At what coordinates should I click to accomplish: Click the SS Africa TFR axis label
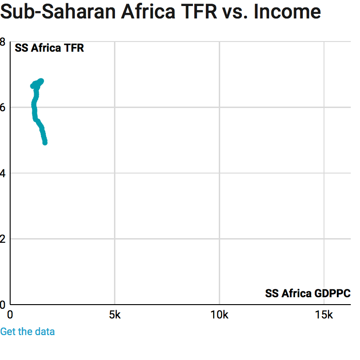tap(49, 48)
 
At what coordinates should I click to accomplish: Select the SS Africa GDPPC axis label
tap(307, 294)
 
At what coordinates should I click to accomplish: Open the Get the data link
tap(27, 331)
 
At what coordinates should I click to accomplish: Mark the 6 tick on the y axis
tap(3, 107)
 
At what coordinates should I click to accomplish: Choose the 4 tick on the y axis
tap(3, 173)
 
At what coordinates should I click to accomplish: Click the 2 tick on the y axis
tap(3, 239)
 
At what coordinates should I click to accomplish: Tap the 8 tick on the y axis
tap(3, 42)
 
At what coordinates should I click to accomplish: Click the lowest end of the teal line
tap(45, 142)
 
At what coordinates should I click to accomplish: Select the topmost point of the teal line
tap(41, 81)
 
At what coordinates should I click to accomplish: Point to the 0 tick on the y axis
tap(3, 305)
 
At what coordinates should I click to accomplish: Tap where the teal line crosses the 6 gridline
tap(34, 107)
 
